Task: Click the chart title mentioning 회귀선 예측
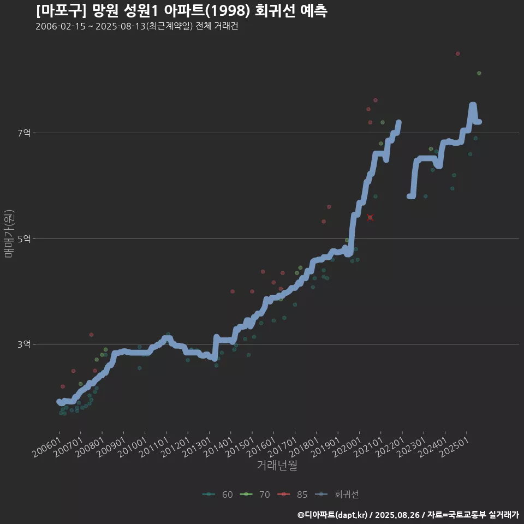pyautogui.click(x=181, y=11)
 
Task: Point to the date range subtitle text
pyautogui.click(x=136, y=27)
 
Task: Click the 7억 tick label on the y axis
pyautogui.click(x=24, y=133)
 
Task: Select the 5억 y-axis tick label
pyautogui.click(x=24, y=239)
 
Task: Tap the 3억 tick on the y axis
pyautogui.click(x=24, y=344)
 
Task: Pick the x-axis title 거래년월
pyautogui.click(x=277, y=465)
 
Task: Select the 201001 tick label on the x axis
pyautogui.click(x=132, y=447)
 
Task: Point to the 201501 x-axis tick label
pyautogui.click(x=240, y=447)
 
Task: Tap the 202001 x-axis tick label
pyautogui.click(x=347, y=447)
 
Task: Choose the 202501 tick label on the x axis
pyautogui.click(x=454, y=447)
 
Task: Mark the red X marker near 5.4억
pyautogui.click(x=370, y=217)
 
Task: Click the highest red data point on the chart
pyautogui.click(x=457, y=53)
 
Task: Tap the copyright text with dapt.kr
pyautogui.click(x=408, y=514)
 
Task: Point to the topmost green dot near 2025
pyautogui.click(x=479, y=73)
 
